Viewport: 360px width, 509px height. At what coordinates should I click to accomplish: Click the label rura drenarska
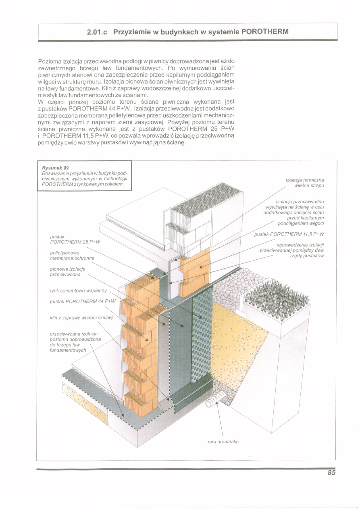click(x=223, y=442)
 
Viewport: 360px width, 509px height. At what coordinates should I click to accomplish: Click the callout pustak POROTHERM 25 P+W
click(x=75, y=239)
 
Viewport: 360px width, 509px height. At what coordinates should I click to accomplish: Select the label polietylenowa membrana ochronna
click(x=72, y=255)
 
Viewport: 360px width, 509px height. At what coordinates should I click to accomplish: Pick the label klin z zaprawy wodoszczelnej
click(x=81, y=317)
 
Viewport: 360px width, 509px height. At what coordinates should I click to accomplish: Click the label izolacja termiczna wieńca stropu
click(x=305, y=182)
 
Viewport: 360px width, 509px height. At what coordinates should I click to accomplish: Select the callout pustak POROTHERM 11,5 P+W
click(x=289, y=234)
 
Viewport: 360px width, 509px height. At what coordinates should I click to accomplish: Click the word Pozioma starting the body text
click(x=48, y=61)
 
